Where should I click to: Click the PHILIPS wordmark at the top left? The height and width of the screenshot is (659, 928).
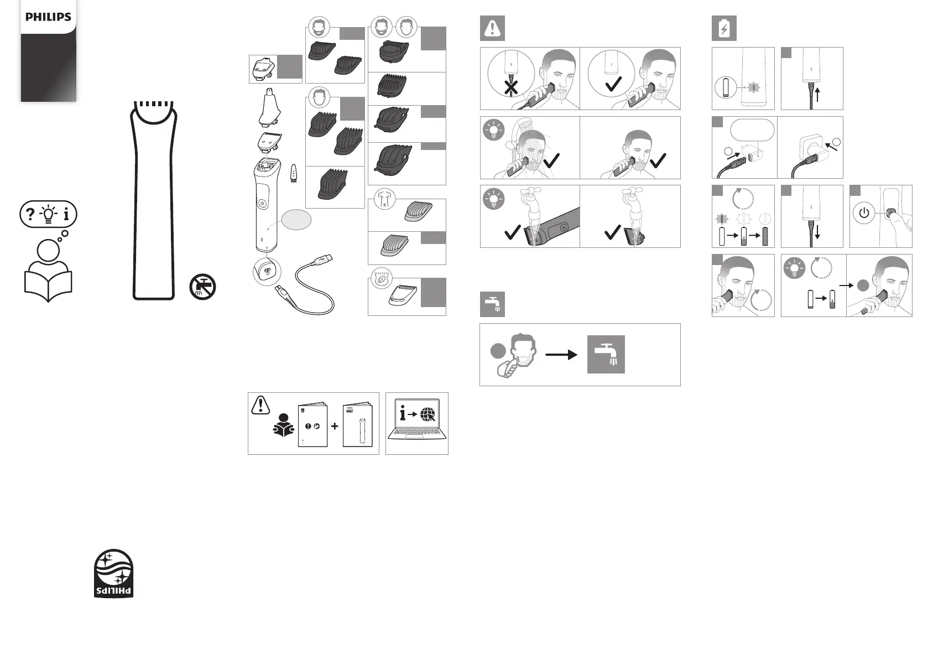tap(48, 17)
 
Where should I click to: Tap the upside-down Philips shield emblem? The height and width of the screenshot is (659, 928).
tap(113, 573)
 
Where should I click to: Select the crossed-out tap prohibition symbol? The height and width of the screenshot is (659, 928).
tap(202, 287)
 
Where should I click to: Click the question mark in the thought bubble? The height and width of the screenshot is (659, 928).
tap(30, 214)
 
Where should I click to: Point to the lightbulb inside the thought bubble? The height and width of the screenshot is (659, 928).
tap(49, 214)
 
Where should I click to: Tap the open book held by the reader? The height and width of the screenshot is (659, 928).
tap(48, 286)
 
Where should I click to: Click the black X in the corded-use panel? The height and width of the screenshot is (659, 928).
tap(511, 87)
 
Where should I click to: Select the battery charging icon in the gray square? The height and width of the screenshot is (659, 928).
tap(724, 28)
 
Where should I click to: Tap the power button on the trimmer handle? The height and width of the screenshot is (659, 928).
tap(262, 204)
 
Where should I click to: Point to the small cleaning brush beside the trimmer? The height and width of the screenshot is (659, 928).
tap(293, 174)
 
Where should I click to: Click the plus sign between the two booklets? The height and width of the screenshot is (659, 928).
tap(335, 426)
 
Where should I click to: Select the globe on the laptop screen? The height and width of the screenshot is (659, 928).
tap(428, 414)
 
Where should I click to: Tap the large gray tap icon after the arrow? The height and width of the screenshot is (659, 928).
tap(606, 354)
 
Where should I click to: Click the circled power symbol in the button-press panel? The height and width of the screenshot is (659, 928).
tap(864, 213)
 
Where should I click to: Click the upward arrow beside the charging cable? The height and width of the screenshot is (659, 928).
tap(817, 94)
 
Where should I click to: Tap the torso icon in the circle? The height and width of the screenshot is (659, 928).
tap(384, 199)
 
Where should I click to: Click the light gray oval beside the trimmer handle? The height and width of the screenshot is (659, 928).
tap(296, 220)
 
